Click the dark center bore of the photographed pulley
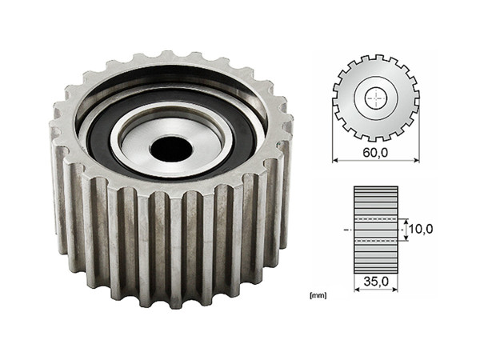[171, 147]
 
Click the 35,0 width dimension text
[375, 282]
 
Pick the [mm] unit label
[318, 295]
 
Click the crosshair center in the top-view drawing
[375, 98]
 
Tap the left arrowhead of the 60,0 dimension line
[335, 160]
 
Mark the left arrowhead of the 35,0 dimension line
[356, 289]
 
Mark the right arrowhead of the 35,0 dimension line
[395, 289]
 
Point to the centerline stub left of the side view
[345, 229]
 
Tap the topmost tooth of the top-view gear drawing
[375, 58]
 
